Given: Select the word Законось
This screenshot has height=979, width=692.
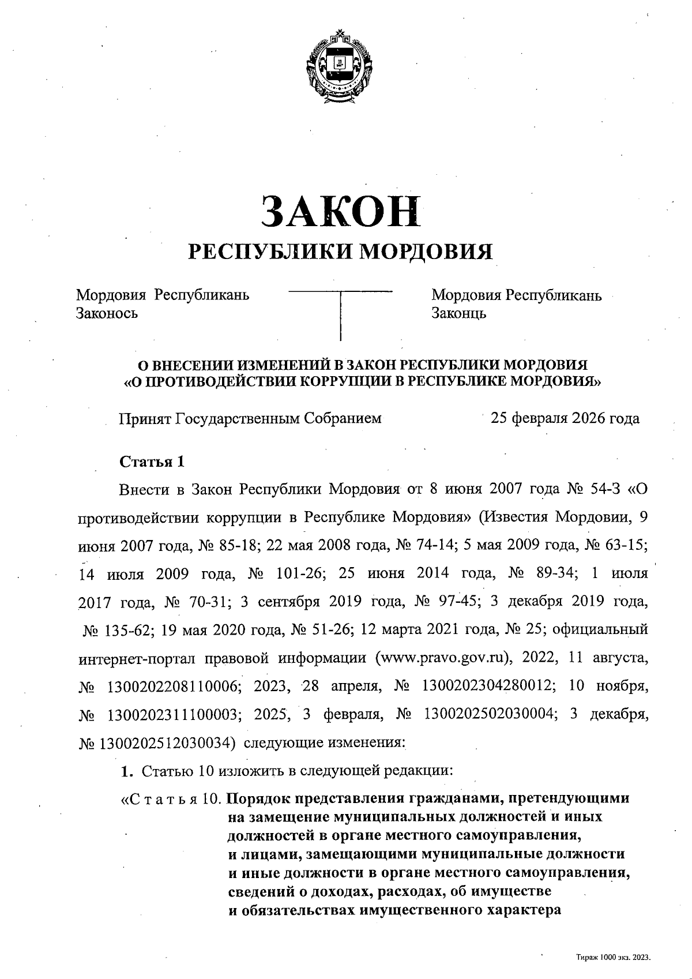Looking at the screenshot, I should click(x=107, y=313).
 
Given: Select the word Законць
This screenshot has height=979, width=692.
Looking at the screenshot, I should click(x=459, y=313).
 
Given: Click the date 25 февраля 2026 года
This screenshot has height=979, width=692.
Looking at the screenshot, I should click(x=565, y=418).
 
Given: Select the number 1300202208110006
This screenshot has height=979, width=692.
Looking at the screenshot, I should click(x=171, y=687).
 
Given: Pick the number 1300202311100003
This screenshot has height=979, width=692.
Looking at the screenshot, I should click(x=171, y=715).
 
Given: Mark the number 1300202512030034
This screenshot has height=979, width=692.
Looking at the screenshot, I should click(x=167, y=743).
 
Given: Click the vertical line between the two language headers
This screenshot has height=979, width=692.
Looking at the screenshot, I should click(x=341, y=316).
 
